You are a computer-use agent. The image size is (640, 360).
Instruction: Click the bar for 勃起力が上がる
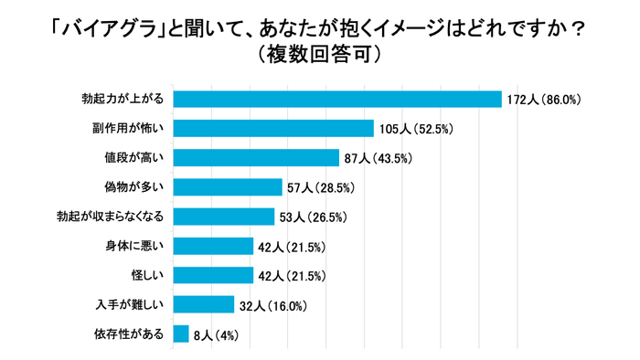tap(337, 99)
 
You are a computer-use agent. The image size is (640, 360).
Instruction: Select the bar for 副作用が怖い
tap(273, 128)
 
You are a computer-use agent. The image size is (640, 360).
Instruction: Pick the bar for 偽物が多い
tap(228, 187)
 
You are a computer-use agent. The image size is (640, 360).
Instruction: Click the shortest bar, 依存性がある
tap(181, 334)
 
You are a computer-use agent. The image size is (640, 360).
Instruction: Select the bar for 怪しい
tap(213, 275)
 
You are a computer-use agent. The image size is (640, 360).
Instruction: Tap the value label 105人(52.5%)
tap(417, 129)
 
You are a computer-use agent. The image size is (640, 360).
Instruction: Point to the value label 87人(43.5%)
tap(379, 158)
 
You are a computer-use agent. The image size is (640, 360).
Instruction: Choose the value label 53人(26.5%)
tap(317, 217)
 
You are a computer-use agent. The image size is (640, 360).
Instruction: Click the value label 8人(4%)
tap(217, 334)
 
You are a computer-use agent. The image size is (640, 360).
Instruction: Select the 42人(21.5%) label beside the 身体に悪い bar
tap(293, 247)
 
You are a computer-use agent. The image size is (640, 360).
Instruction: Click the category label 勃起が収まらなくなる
tap(110, 217)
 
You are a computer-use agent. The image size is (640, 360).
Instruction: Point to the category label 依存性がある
tap(129, 334)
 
